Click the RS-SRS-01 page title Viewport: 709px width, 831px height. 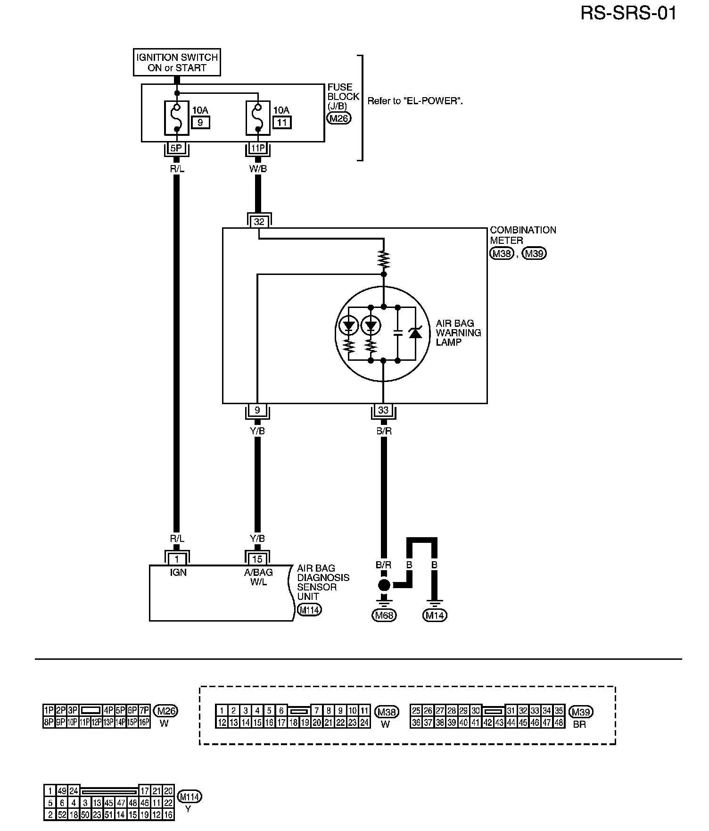(628, 13)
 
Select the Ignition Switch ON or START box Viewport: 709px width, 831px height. (177, 62)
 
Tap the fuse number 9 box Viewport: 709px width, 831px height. (200, 123)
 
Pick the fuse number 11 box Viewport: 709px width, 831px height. (282, 123)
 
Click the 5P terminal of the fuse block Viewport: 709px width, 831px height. (176, 148)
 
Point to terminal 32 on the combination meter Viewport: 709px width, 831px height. (259, 221)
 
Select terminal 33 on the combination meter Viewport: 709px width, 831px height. (383, 410)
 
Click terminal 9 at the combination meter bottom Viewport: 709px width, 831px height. (257, 410)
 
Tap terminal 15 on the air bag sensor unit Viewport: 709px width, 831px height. (257, 559)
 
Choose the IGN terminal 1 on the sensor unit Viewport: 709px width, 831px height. (177, 559)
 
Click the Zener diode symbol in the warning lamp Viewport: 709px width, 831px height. (415, 333)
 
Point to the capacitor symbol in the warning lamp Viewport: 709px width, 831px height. (397, 333)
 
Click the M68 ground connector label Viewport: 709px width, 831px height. (384, 615)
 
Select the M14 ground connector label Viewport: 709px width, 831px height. (435, 615)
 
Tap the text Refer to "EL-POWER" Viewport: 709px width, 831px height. (415, 101)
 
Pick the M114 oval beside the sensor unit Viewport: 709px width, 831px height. (309, 610)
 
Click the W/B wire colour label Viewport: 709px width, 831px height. (258, 168)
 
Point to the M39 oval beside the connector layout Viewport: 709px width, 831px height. (581, 712)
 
